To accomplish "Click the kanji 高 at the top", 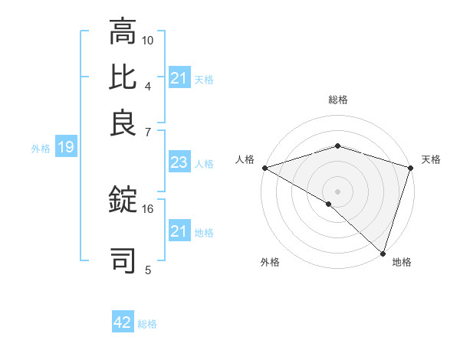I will (x=123, y=32).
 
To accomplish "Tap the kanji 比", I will (x=123, y=78).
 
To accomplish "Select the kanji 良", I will (x=123, y=123).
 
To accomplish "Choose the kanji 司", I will (x=123, y=260).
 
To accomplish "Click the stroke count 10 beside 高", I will (x=148, y=39).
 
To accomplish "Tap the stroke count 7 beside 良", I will (x=148, y=131).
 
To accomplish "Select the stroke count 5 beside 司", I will (x=148, y=269).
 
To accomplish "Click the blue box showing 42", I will (x=123, y=322).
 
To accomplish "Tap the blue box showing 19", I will (x=65, y=147).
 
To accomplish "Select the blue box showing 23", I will (x=179, y=162).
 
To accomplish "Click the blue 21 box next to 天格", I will (x=179, y=78).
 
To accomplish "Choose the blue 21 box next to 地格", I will (x=179, y=231).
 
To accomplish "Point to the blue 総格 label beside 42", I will (x=147, y=324).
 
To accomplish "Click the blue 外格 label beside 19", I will (x=41, y=149).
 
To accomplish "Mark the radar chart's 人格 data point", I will (x=264, y=168).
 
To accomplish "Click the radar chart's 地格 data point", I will (x=383, y=253).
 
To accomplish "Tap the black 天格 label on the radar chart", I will (x=431, y=159).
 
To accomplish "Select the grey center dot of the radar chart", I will (x=337, y=191).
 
